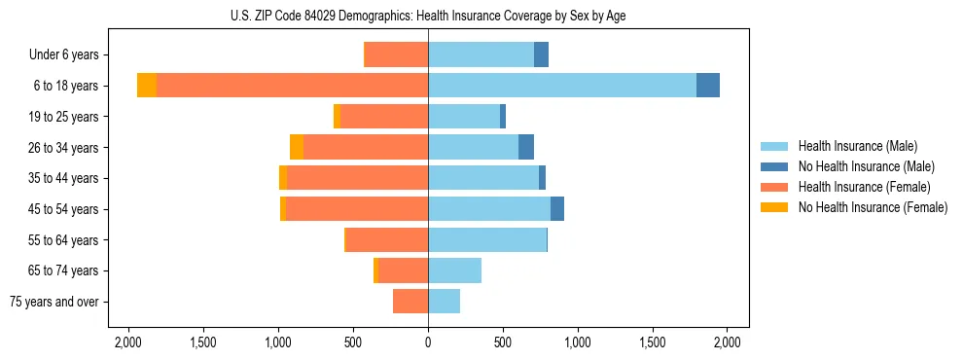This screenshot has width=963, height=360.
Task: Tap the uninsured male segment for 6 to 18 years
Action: tap(708, 86)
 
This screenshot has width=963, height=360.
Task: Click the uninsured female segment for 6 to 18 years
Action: tap(147, 86)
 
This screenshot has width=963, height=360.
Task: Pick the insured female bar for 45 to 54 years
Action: tap(357, 209)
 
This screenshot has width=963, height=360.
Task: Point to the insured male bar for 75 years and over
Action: tap(444, 302)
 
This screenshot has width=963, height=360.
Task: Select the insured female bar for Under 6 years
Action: tap(396, 54)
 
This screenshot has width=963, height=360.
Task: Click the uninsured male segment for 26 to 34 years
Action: tap(526, 147)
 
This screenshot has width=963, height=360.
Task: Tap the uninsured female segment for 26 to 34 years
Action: tap(297, 147)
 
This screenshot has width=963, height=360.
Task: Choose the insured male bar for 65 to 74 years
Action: tap(454, 270)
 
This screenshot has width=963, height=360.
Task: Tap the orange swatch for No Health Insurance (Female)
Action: tap(774, 207)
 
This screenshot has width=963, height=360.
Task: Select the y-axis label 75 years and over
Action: tap(54, 302)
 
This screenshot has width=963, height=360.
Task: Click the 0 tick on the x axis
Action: tap(428, 342)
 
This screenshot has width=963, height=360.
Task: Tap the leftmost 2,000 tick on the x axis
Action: tap(128, 342)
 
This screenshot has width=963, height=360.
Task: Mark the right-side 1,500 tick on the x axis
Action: tap(653, 342)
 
